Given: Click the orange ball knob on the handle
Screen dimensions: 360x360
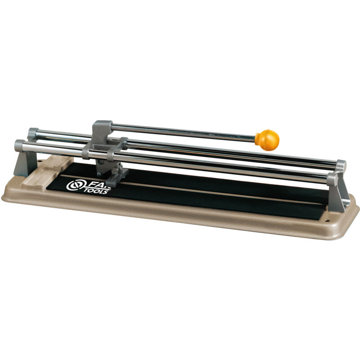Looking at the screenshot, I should (x=267, y=139).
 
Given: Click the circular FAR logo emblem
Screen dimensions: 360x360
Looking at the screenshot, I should (x=73, y=185).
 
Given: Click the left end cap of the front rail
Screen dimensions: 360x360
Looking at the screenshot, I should (x=19, y=145).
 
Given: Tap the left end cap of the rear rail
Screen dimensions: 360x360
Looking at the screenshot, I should (x=32, y=133).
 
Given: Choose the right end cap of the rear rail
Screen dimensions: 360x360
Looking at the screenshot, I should (x=341, y=165).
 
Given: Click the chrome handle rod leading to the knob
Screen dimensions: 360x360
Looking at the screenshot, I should (x=184, y=130).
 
